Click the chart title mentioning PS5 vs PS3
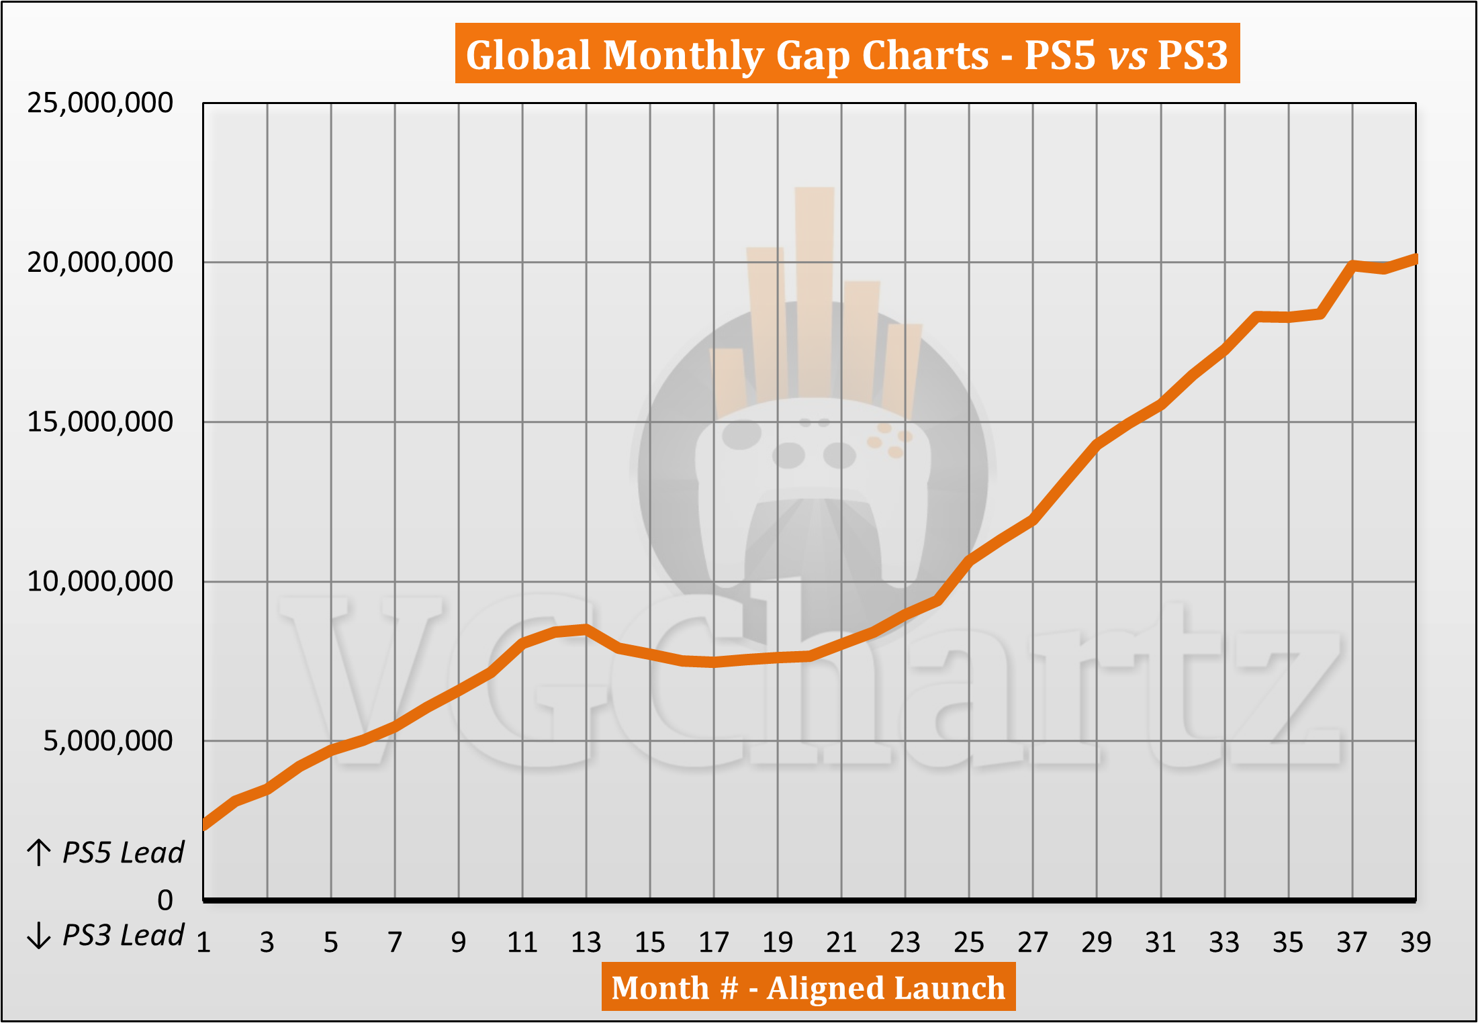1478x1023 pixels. click(x=847, y=54)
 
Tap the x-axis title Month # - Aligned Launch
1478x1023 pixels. click(x=808, y=987)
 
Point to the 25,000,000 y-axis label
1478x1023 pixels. click(x=100, y=103)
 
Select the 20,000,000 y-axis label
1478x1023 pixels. click(x=100, y=262)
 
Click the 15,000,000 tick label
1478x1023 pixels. click(x=100, y=422)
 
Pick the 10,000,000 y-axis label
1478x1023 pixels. click(x=100, y=581)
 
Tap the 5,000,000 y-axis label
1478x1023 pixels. click(x=108, y=741)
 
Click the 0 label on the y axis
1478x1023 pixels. click(x=165, y=900)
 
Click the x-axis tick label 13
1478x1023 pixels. click(x=586, y=942)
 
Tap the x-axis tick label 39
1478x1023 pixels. click(x=1416, y=942)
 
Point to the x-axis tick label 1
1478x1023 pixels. click(x=203, y=942)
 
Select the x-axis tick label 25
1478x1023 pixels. click(x=969, y=942)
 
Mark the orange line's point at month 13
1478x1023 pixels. click(x=586, y=629)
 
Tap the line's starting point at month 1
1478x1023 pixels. click(x=205, y=825)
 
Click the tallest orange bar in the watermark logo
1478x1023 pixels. click(x=815, y=289)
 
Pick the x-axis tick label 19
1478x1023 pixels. click(x=778, y=942)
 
